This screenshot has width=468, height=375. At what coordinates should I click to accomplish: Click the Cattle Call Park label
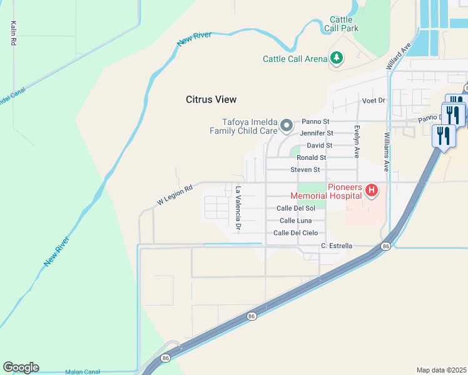(x=341, y=24)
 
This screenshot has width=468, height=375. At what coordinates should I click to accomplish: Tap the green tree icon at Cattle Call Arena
(x=337, y=58)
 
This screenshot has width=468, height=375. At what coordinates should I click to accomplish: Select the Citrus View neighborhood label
(x=211, y=99)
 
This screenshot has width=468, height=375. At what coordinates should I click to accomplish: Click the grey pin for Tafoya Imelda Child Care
(x=287, y=126)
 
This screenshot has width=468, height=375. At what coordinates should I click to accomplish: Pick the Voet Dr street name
(x=374, y=101)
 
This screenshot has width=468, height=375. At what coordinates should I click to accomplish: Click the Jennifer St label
(x=317, y=133)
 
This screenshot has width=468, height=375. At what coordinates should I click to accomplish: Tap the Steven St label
(x=305, y=170)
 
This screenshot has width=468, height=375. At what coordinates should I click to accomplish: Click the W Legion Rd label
(x=174, y=194)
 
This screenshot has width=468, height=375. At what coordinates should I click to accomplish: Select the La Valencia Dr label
(x=238, y=209)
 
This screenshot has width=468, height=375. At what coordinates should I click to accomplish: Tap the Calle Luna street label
(x=295, y=221)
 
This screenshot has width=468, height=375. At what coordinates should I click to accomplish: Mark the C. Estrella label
(x=337, y=246)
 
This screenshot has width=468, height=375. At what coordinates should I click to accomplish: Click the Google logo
(x=21, y=367)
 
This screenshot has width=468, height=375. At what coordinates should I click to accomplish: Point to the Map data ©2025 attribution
(x=441, y=370)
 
